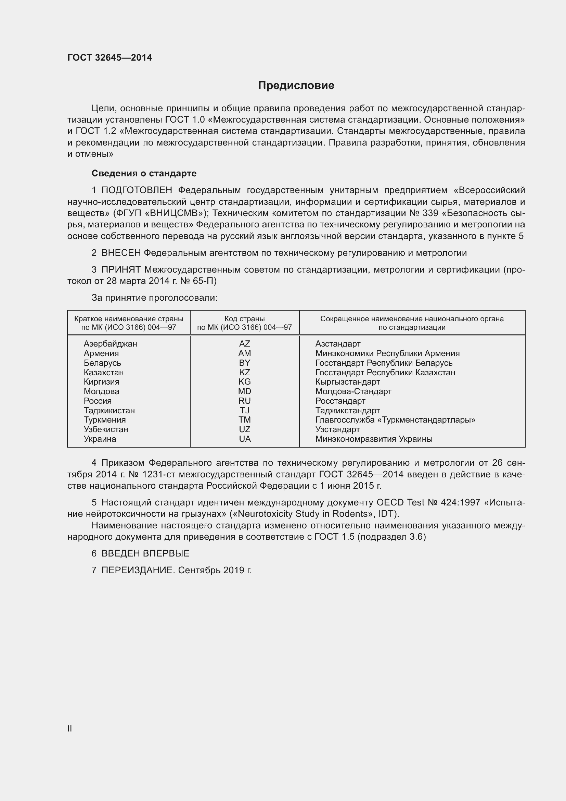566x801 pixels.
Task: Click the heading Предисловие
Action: (296, 86)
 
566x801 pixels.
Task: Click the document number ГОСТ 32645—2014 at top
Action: (110, 58)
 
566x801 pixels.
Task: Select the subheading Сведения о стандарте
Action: (144, 173)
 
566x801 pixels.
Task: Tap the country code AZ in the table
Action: (245, 343)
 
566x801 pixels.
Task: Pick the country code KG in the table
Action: (245, 381)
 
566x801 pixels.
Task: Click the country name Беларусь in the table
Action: (102, 363)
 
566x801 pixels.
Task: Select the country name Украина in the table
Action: (100, 439)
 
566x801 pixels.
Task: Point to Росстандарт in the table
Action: (340, 401)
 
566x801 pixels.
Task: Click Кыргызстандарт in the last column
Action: (347, 381)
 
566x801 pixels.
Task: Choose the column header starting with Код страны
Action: (245, 323)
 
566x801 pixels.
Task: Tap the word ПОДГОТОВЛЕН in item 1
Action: (137, 190)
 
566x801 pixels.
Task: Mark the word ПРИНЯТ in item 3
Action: (121, 270)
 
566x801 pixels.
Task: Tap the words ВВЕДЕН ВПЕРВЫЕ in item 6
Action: (145, 553)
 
